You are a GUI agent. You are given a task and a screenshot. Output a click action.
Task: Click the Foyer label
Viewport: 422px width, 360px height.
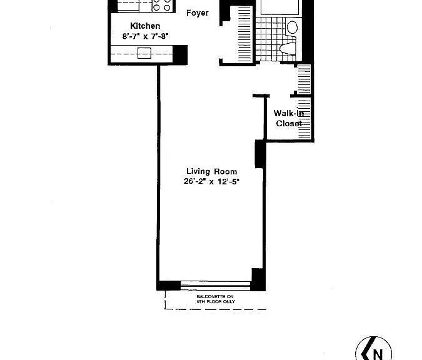click(198, 13)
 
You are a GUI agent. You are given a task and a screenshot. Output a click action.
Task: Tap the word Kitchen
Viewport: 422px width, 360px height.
click(145, 26)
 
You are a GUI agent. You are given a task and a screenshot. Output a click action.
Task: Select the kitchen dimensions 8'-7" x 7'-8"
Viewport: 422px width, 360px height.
click(145, 36)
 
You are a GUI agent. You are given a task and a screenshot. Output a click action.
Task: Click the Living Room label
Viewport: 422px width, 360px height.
click(212, 171)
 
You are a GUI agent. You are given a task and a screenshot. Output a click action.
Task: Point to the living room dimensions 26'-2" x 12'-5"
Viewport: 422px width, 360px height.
click(211, 182)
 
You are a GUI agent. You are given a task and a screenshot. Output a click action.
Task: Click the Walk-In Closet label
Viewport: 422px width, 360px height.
click(288, 118)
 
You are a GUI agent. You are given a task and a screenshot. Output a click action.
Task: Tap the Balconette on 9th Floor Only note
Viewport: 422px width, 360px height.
click(216, 299)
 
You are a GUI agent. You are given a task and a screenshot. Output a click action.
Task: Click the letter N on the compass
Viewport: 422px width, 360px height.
click(378, 354)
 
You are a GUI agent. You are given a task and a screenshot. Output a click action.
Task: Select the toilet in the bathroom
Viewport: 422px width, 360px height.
click(288, 48)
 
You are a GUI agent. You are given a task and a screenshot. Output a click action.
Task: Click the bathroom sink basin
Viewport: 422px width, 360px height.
click(292, 27)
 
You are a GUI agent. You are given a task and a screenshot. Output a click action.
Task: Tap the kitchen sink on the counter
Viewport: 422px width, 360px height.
click(144, 53)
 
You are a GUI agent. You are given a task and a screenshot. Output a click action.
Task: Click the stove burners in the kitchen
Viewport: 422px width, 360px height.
click(162, 6)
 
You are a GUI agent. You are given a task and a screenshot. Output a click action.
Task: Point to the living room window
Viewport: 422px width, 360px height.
click(216, 286)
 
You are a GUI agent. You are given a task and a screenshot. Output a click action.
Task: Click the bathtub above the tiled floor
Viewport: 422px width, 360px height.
click(279, 7)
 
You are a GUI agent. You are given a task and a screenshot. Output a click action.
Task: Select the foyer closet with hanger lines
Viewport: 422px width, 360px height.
click(244, 34)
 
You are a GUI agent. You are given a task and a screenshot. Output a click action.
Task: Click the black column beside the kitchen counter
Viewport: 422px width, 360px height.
click(180, 55)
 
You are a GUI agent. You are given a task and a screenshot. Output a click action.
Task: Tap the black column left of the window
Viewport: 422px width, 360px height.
click(169, 286)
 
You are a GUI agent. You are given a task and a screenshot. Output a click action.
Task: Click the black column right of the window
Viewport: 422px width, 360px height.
click(258, 279)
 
